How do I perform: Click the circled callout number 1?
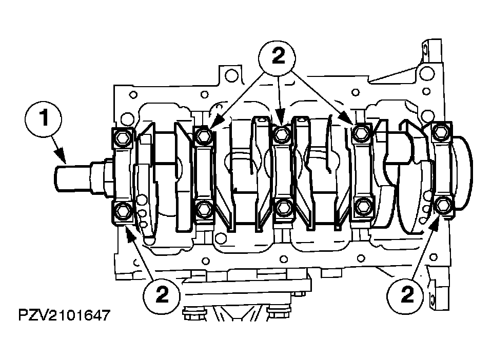coord(44,119)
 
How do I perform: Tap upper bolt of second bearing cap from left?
coord(203,135)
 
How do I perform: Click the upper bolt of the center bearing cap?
coord(280,135)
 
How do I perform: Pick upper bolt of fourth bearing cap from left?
coord(362,133)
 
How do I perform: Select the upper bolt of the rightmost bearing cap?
coord(441,132)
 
